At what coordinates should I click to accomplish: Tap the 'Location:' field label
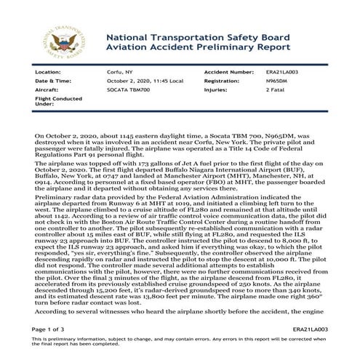[48, 73]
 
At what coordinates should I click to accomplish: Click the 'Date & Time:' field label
[52, 81]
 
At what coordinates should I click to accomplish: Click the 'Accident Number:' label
[228, 73]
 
